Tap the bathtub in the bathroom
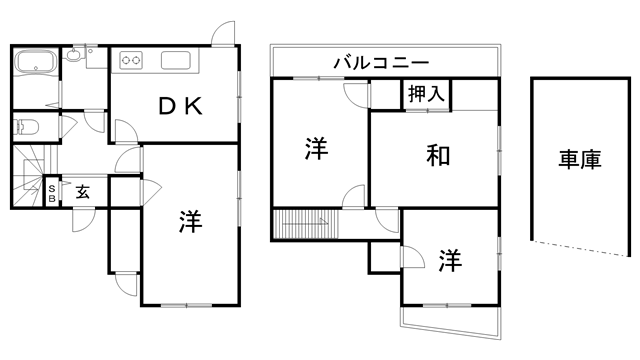pyautogui.click(x=37, y=63)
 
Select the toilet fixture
pyautogui.click(x=26, y=127)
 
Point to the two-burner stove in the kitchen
pyautogui.click(x=130, y=60)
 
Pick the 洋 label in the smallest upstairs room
pyautogui.click(x=449, y=260)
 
